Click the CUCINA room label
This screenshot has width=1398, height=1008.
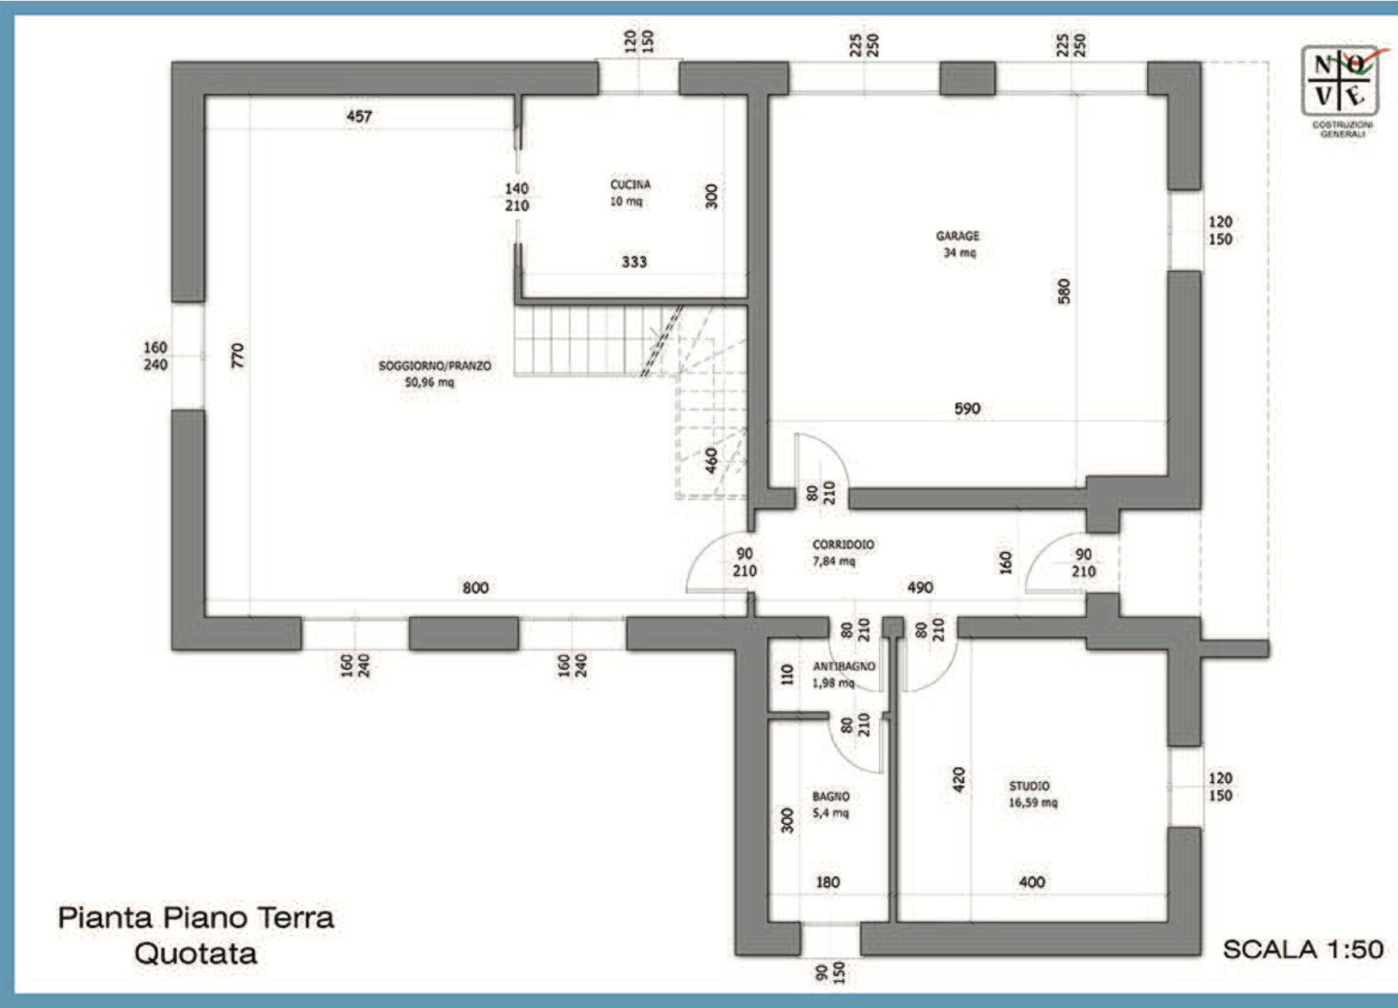pos(630,184)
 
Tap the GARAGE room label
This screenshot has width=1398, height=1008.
pos(957,235)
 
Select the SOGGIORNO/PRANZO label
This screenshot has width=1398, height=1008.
pos(434,366)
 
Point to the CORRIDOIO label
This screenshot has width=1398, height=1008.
pos(843,544)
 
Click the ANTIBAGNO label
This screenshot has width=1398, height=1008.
pos(844,666)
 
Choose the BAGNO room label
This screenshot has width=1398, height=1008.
pos(831,796)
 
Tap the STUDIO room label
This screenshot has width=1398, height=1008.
pos(1029,786)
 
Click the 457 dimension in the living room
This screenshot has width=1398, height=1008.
pos(359,116)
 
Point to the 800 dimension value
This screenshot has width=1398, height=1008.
pos(475,588)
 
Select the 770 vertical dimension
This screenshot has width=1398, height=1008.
pos(237,355)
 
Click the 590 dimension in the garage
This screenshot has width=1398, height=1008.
pos(968,408)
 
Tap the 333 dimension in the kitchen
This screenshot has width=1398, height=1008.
pos(634,261)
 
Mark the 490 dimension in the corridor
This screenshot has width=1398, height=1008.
pos(920,588)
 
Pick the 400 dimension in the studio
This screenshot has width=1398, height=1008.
pos(1032,882)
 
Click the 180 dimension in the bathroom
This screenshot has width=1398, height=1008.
pos(828,882)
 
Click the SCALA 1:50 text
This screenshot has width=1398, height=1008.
pos(1303,950)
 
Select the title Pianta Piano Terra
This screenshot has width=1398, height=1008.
pos(196,918)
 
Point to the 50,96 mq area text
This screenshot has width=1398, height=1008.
pos(430,382)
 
